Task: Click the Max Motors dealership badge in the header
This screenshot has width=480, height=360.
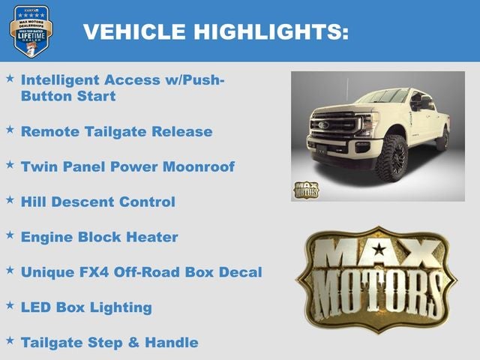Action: tap(31, 31)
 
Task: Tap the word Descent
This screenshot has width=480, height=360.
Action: tap(82, 202)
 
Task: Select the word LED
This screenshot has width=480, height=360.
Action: tap(35, 307)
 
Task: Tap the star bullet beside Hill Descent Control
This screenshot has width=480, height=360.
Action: tap(10, 199)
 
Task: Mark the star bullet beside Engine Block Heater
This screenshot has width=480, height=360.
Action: tap(10, 235)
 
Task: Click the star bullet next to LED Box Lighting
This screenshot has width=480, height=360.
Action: tap(10, 305)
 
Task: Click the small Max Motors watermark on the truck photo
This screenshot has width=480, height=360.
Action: tap(305, 189)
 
